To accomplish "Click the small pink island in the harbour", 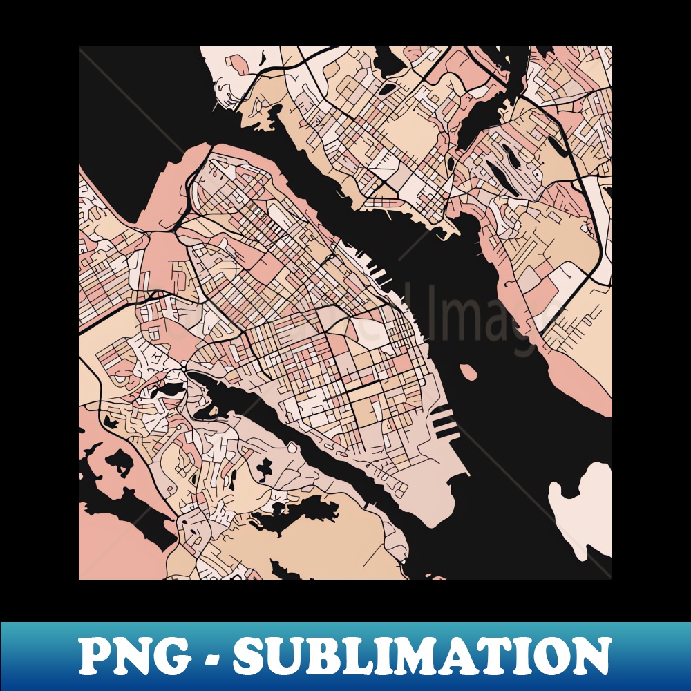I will pos(468,372).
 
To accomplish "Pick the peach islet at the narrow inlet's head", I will pos(195,378).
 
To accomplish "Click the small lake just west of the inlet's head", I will pos(166,390).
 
